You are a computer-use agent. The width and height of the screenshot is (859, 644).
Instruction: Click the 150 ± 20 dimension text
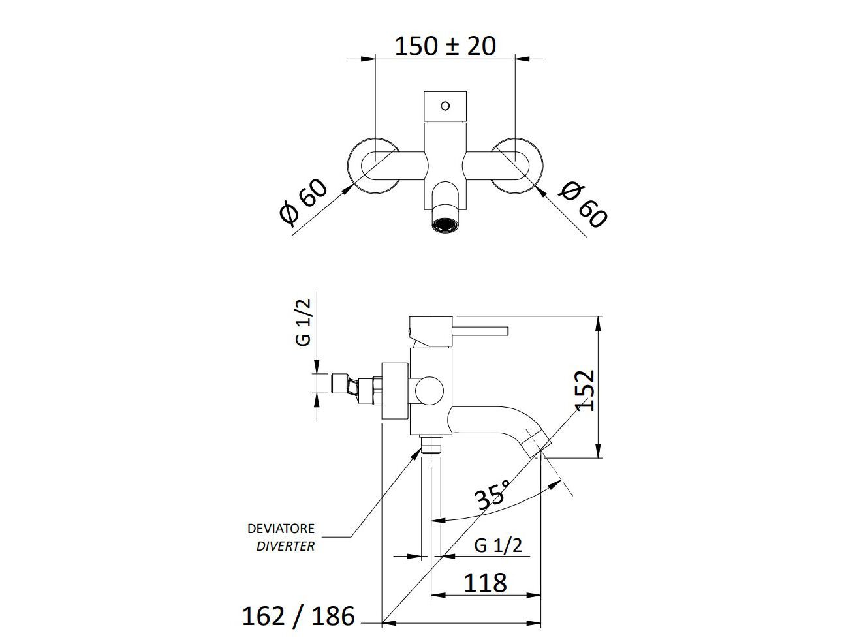tap(445, 45)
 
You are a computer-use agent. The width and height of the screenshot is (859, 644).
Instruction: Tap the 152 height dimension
tap(586, 390)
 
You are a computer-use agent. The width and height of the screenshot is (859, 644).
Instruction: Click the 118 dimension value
tap(485, 582)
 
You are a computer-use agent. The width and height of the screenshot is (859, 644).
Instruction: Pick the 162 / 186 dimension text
tap(298, 615)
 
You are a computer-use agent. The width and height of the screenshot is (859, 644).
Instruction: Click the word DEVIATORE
tap(281, 529)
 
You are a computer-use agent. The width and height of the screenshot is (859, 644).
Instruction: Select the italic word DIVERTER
tap(285, 546)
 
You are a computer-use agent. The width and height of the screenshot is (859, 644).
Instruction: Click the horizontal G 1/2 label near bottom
tap(498, 545)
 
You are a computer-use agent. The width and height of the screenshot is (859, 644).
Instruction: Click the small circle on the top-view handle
tap(446, 105)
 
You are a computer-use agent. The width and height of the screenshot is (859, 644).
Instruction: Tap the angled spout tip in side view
tap(539, 442)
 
